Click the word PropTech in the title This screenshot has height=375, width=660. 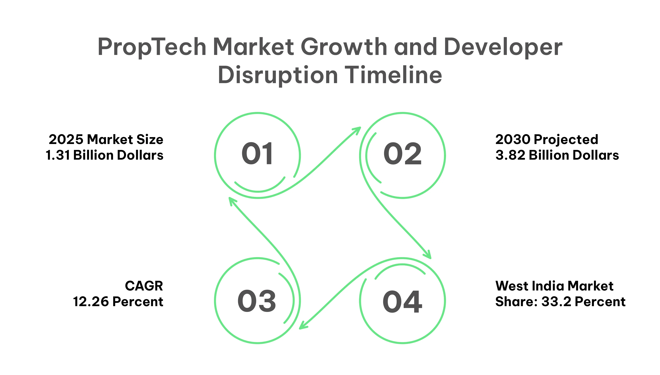pos(152,47)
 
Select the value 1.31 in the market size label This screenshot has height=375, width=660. pos(58,155)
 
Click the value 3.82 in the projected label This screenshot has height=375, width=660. pos(510,155)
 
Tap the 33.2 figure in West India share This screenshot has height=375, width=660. pos(556,302)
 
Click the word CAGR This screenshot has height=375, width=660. pos(144,286)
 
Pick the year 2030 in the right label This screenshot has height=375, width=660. pos(513,140)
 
